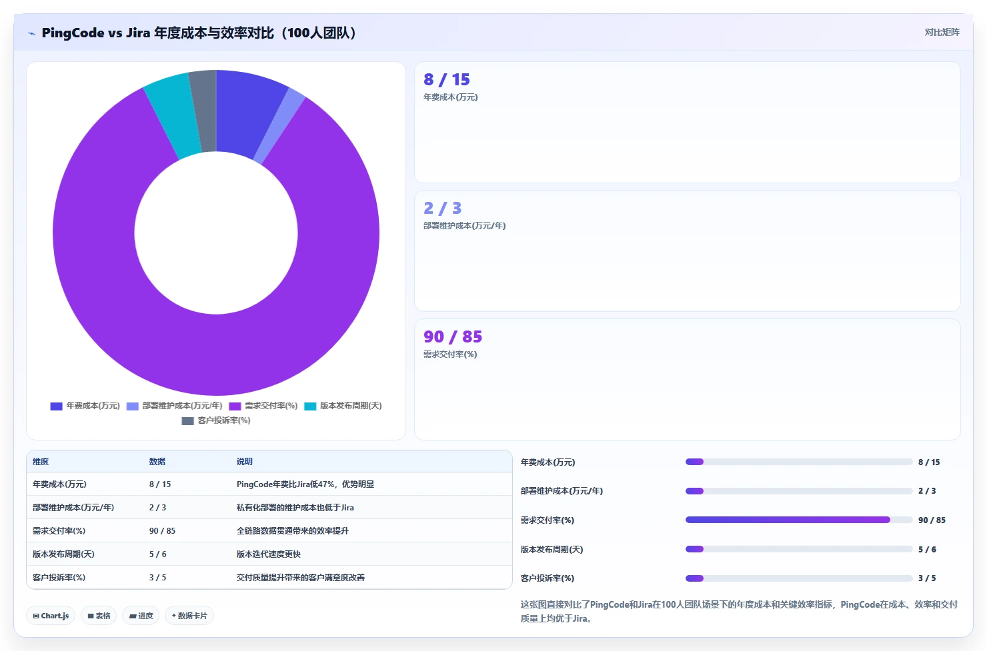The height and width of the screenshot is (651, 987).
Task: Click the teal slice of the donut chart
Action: click(x=175, y=115)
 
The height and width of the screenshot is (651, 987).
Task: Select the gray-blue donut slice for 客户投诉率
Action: click(x=205, y=111)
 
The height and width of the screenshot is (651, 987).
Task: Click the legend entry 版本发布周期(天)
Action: click(x=343, y=406)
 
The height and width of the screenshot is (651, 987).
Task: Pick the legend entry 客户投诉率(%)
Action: click(x=216, y=421)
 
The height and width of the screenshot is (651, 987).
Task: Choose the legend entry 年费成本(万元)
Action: click(x=85, y=406)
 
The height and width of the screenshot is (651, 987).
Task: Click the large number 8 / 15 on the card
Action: click(x=447, y=80)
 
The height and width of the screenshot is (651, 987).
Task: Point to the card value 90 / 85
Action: click(x=453, y=336)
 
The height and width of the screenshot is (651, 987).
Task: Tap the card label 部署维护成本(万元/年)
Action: click(x=464, y=226)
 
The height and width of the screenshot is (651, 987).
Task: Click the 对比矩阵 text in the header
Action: click(x=942, y=32)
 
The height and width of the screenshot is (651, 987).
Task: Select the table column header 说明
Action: click(x=245, y=461)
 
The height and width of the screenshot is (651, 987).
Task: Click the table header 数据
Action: click(x=157, y=461)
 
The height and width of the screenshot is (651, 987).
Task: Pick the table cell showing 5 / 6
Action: click(x=158, y=554)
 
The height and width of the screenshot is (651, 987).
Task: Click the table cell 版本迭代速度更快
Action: click(x=268, y=554)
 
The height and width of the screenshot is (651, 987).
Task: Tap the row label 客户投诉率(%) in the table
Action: click(x=59, y=578)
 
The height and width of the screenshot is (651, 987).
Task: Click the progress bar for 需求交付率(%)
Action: click(x=798, y=520)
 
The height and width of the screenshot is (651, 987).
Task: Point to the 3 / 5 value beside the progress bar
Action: click(x=927, y=578)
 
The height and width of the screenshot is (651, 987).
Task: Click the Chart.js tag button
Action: click(x=51, y=616)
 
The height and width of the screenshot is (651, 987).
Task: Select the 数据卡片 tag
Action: click(x=189, y=616)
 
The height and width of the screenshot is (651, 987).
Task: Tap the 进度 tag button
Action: click(x=141, y=616)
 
